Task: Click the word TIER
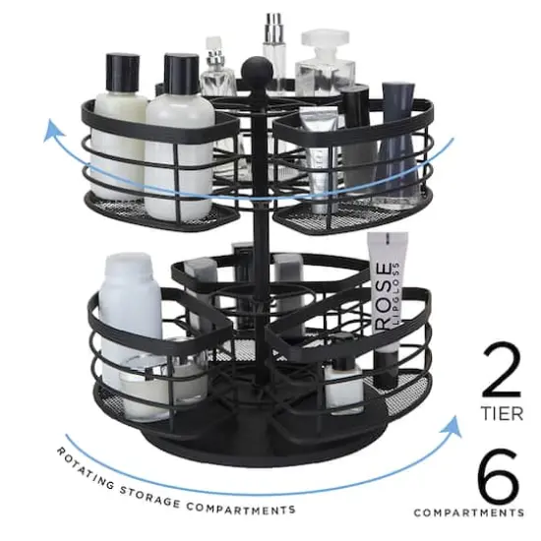pyautogui.click(x=502, y=414)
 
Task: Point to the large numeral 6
pyautogui.click(x=498, y=477)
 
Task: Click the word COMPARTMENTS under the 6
pyautogui.click(x=468, y=512)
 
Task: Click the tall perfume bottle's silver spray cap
pyautogui.click(x=272, y=24)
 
